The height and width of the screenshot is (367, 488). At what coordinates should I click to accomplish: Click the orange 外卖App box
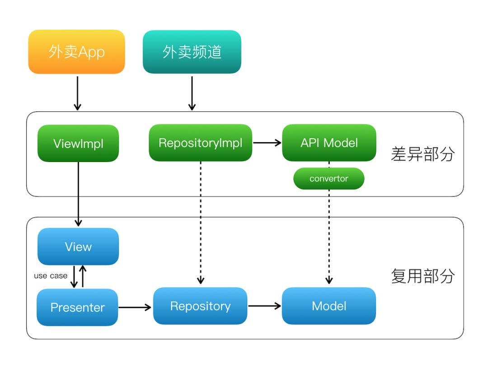click(x=76, y=52)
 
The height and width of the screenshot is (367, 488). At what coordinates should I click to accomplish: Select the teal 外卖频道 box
click(x=192, y=52)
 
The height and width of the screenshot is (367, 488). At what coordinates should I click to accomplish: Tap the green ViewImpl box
click(x=78, y=143)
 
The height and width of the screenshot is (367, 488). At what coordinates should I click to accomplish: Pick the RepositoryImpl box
click(x=201, y=143)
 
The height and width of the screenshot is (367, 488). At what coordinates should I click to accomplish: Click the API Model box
click(x=329, y=143)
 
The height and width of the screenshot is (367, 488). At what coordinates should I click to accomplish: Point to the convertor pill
click(x=328, y=179)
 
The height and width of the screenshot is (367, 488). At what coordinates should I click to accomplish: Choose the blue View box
click(x=78, y=247)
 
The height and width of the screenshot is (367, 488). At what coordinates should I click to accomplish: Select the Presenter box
click(x=78, y=307)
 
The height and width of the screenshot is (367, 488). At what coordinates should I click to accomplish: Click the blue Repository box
click(x=200, y=306)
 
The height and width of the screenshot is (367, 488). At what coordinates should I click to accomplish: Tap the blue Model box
click(x=329, y=306)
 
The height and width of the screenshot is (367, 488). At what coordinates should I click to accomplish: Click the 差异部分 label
click(x=422, y=154)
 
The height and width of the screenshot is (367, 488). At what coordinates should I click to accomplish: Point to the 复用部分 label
click(x=422, y=276)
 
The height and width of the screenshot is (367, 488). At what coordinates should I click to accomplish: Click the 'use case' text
click(x=51, y=276)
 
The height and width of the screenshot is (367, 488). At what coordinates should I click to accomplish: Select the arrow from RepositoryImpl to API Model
click(x=267, y=143)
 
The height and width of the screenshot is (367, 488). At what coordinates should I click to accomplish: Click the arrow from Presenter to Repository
click(x=135, y=307)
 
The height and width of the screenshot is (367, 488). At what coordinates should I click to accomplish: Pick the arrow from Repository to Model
click(x=264, y=306)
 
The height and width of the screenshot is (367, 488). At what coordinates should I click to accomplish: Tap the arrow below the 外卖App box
click(x=78, y=93)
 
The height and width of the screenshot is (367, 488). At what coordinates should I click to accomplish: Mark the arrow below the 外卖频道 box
click(x=192, y=93)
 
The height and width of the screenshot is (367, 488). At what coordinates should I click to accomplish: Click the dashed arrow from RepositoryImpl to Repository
click(x=201, y=223)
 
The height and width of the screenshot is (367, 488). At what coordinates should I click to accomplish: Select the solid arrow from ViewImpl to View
click(x=79, y=194)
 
